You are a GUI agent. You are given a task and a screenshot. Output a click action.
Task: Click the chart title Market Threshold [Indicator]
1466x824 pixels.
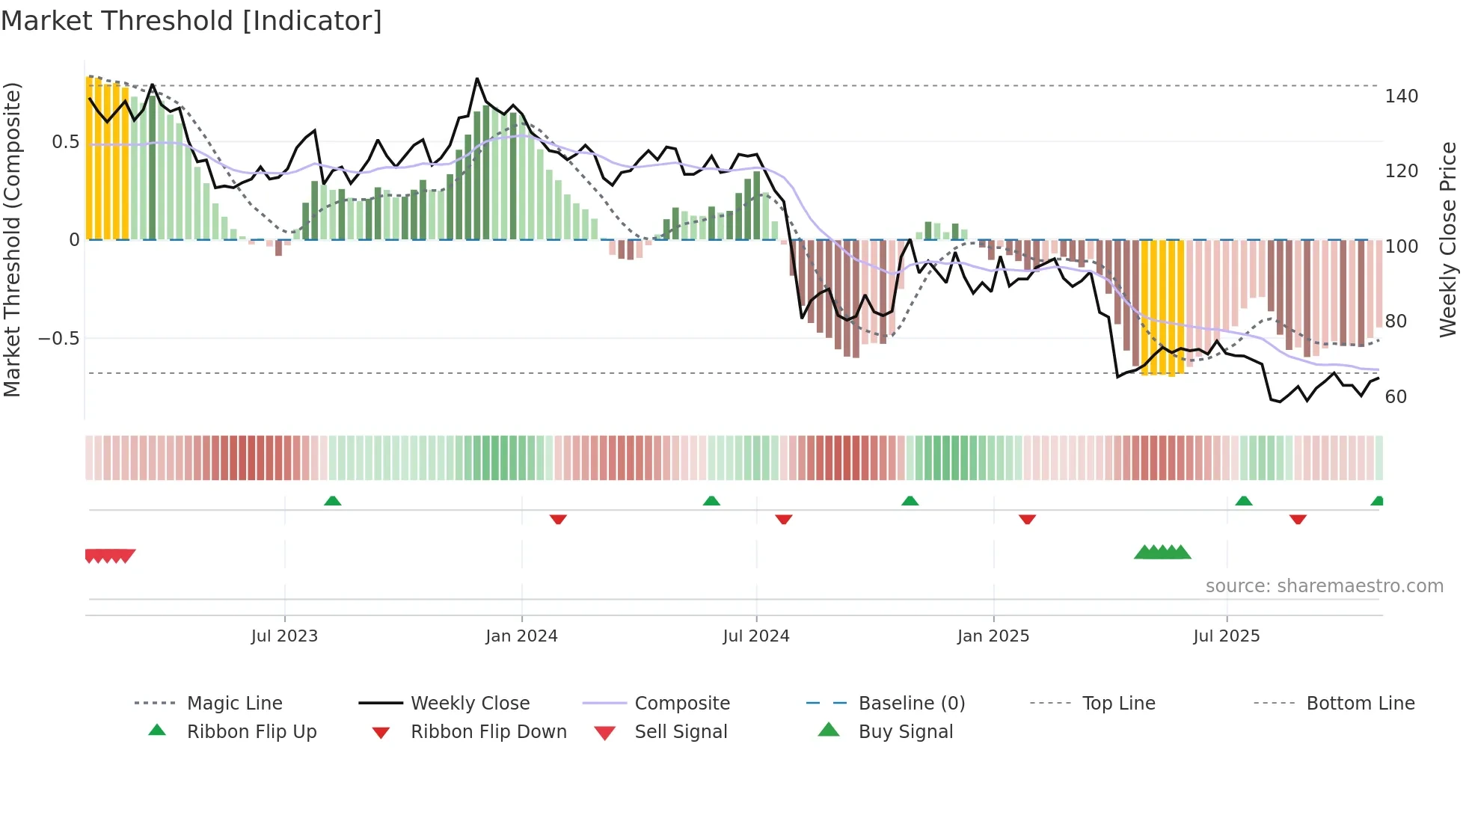pos(191,21)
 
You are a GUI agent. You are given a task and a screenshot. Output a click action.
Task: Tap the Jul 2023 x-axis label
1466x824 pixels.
pos(284,636)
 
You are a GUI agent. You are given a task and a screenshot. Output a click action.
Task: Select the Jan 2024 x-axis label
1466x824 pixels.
pos(521,636)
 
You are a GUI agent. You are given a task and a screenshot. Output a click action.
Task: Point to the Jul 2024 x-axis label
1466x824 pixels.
pos(756,636)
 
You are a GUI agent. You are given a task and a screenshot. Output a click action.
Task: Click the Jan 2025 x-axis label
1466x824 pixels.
pos(993,636)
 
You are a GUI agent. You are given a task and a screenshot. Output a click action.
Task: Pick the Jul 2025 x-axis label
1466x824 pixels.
pos(1227,636)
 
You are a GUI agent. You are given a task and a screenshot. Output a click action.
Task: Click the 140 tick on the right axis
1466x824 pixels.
pos(1401,96)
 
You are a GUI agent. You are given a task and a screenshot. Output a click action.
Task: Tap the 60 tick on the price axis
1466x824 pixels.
pos(1396,397)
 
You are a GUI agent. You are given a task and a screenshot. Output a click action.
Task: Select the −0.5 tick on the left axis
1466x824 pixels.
pos(59,339)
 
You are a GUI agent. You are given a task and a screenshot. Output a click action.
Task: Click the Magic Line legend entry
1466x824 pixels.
pos(234,704)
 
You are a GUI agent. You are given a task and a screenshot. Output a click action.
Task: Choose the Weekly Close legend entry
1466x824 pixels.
pos(470,704)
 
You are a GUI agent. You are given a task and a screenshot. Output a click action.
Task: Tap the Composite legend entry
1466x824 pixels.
pos(681,704)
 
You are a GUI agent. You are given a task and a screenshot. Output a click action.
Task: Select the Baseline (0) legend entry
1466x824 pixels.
pos(911,704)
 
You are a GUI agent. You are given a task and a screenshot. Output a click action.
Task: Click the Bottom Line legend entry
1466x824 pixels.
pos(1360,704)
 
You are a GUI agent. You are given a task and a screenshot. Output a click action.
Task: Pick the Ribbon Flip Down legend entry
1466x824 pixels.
pos(488,732)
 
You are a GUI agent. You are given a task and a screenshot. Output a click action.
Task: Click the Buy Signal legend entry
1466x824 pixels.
pos(905,732)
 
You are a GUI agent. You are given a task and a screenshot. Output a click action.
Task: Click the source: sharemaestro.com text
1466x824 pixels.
pos(1324,586)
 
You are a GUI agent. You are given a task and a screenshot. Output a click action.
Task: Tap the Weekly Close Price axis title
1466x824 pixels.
pos(1448,239)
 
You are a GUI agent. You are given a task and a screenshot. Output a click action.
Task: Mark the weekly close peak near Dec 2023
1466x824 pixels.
pos(477,79)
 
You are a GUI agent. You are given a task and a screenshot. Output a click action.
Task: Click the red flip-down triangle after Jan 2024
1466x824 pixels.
pos(558,519)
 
